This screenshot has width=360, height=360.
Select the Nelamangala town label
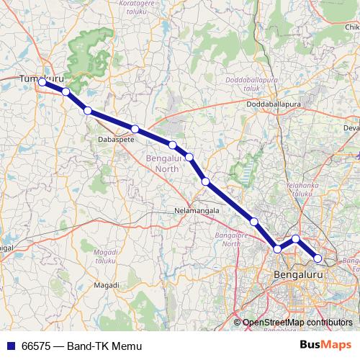[x=195, y=211]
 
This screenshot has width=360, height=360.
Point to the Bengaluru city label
[x=297, y=274]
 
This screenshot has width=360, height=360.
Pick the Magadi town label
[x=107, y=285]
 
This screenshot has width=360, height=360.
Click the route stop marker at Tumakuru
[x=42, y=82]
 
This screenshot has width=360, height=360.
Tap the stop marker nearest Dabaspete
[x=135, y=129]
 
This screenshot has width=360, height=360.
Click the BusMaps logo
[x=326, y=345]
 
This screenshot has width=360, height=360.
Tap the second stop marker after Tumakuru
[x=88, y=110]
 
